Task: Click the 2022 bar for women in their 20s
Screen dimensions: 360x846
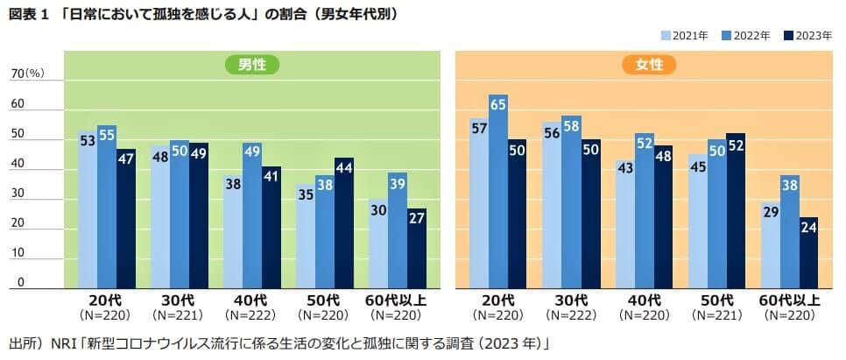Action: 498,193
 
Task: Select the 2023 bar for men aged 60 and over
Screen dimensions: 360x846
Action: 416,249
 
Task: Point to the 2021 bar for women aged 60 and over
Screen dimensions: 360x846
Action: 771,245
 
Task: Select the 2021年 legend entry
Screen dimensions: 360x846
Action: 685,36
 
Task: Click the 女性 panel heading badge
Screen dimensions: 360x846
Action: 644,64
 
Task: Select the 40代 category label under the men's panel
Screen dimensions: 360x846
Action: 252,300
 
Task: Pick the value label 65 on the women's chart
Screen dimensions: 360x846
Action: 498,105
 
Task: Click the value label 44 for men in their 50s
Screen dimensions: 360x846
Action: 344,168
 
